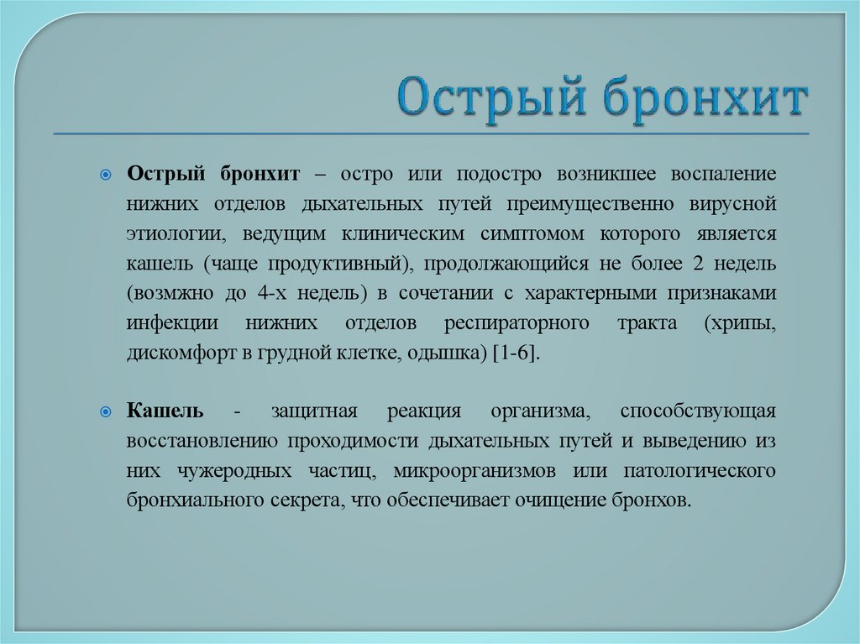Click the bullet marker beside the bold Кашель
[105, 412]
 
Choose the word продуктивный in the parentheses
[340, 264]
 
